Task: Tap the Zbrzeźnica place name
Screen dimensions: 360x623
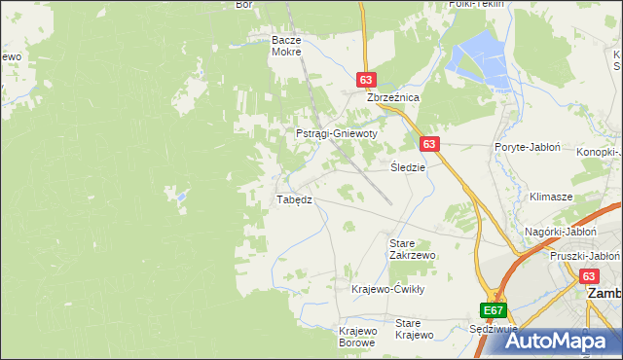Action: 391,98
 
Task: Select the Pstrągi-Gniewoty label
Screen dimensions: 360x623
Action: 336,133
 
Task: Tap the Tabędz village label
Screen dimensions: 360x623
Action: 294,199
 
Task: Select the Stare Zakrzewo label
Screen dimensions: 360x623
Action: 412,248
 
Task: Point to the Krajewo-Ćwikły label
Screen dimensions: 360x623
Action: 388,289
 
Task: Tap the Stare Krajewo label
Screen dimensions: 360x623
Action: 414,329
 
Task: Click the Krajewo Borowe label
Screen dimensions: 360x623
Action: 357,337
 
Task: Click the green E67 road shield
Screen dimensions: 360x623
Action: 494,310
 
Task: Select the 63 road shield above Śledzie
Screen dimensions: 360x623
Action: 430,143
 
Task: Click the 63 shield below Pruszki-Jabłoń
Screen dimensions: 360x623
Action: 590,276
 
